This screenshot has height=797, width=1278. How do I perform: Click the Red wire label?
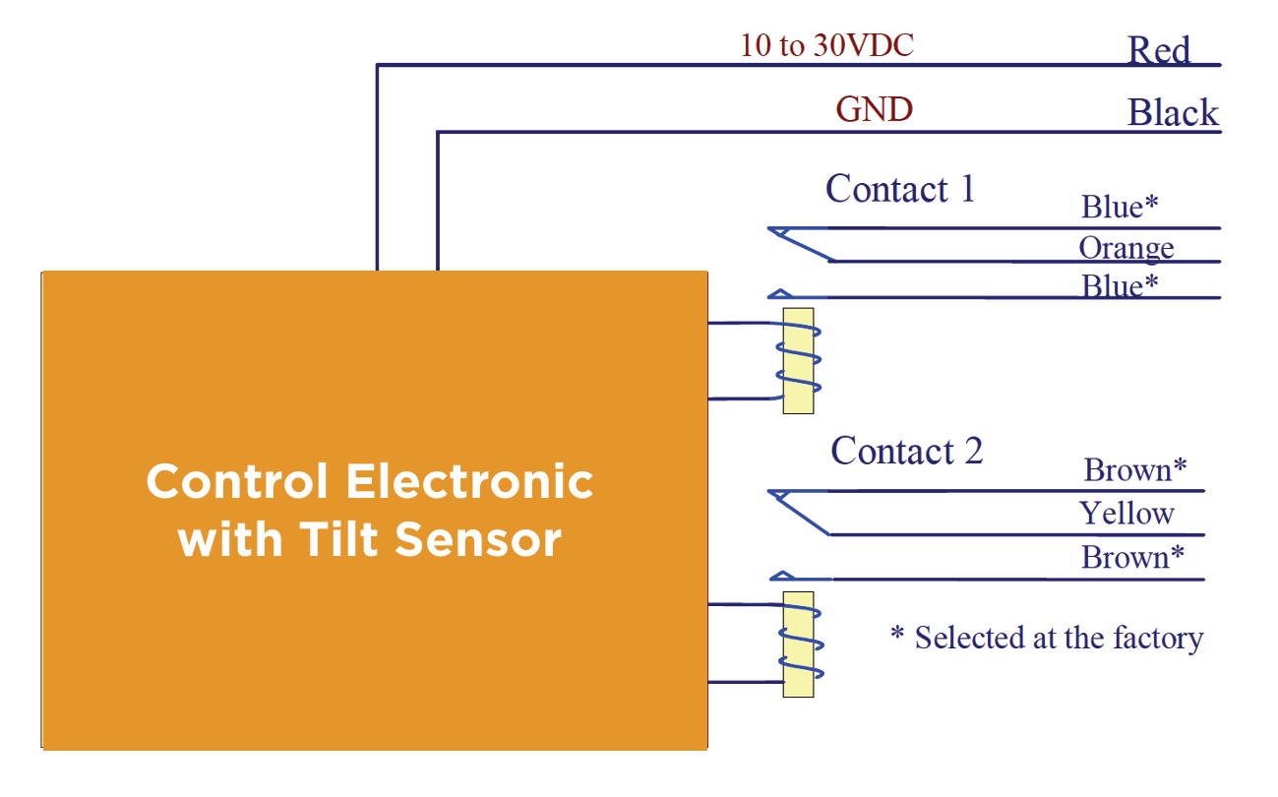tap(1159, 49)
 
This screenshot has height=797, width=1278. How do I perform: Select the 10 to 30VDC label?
tap(826, 45)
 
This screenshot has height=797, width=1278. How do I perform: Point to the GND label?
tap(874, 109)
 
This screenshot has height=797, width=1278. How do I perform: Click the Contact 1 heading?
tap(900, 188)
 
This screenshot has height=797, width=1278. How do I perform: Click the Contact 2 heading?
tap(906, 451)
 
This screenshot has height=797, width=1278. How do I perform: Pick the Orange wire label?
tap(1126, 249)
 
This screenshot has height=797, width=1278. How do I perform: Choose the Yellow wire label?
tap(1126, 513)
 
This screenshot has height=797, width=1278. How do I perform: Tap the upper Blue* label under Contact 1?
tap(1120, 206)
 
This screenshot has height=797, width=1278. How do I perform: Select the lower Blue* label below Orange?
tap(1120, 285)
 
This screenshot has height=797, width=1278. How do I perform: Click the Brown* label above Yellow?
tap(1134, 469)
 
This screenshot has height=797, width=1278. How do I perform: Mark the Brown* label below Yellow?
tap(1133, 556)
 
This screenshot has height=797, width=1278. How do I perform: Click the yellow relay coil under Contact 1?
tap(798, 360)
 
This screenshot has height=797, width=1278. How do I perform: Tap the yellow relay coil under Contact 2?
tap(798, 644)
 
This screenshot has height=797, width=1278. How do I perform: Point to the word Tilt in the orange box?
tap(338, 539)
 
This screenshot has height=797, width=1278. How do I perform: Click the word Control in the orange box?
tap(237, 481)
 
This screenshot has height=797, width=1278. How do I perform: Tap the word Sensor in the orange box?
tap(478, 539)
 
